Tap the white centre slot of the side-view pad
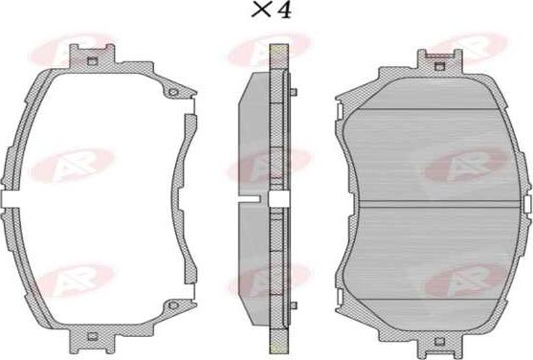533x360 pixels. pyautogui.click(x=279, y=198)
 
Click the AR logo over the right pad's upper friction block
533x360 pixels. pyautogui.click(x=465, y=164)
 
